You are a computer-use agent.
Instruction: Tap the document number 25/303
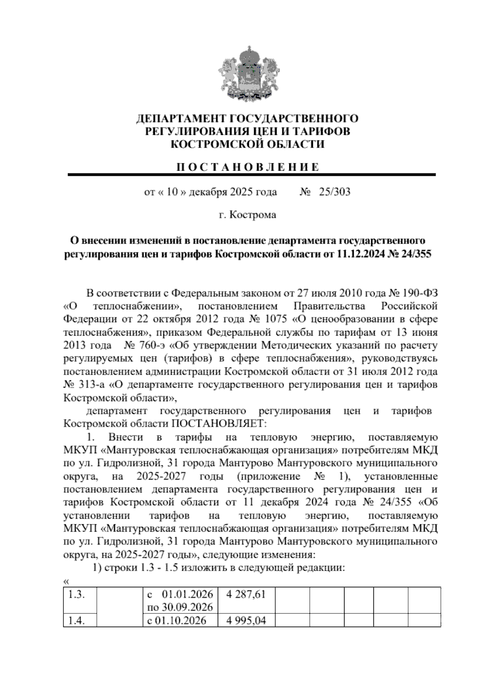[334, 192]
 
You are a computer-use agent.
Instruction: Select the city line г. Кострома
[247, 215]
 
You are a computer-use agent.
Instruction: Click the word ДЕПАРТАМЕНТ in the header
[181, 119]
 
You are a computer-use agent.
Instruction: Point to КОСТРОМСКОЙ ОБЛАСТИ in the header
[248, 144]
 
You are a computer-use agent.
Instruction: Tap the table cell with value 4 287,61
[246, 594]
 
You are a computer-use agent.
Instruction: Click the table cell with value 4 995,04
[246, 620]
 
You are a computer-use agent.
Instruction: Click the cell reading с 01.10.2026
[177, 620]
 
